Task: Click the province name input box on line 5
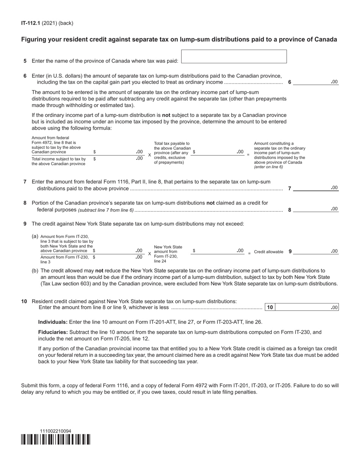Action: pyautogui.click(x=234, y=56)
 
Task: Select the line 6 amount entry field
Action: pyautogui.click(x=315, y=81)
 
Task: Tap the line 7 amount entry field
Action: pyautogui.click(x=315, y=188)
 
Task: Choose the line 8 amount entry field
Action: pyautogui.click(x=315, y=209)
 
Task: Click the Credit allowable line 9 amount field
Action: pyautogui.click(x=315, y=251)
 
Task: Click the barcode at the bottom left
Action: pyautogui.click(x=56, y=439)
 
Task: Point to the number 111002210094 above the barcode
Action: pyautogui.click(x=55, y=431)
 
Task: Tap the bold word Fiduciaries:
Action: pyautogui.click(x=53, y=332)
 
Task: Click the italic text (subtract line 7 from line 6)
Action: pyautogui.click(x=106, y=210)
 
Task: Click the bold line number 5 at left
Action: pyautogui.click(x=25, y=61)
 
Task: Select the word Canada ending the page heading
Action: pyautogui.click(x=327, y=39)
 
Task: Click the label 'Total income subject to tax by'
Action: pyautogui.click(x=59, y=159)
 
